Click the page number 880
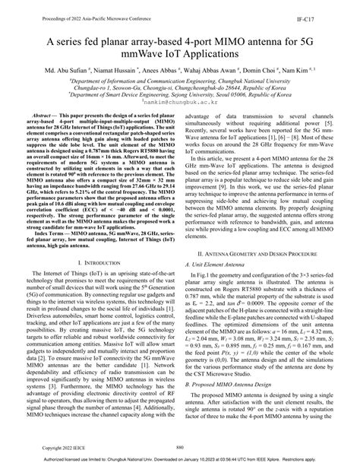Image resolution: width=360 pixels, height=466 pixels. click(180, 447)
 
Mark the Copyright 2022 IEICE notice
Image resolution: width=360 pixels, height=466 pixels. click(58, 447)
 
